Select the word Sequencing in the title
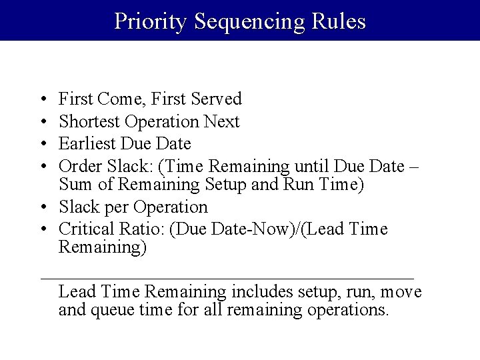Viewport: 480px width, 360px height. pyautogui.click(x=249, y=21)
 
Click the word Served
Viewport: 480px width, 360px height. pyautogui.click(x=216, y=99)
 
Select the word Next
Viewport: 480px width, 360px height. pyautogui.click(x=221, y=122)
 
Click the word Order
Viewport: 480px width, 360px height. pyautogui.click(x=78, y=166)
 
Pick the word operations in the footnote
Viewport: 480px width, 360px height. pyautogui.click(x=348, y=311)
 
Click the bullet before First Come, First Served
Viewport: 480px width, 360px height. pyautogui.click(x=42, y=100)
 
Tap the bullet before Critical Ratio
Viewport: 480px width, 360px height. pyautogui.click(x=42, y=230)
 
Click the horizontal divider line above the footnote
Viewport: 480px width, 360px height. pyautogui.click(x=227, y=277)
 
